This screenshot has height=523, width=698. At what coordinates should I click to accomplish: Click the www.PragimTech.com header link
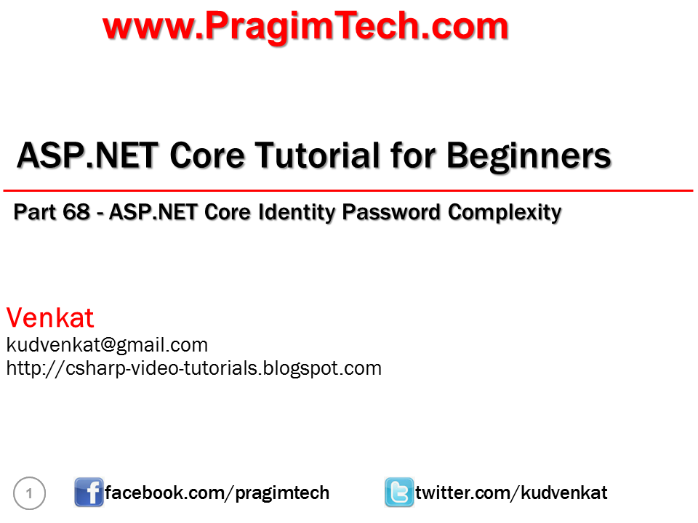pos(305,26)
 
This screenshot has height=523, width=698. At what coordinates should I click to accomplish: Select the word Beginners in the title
pos(529,155)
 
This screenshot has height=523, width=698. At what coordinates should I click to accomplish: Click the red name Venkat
pos(50,317)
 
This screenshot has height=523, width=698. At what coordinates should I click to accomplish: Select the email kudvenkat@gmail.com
pos(107,344)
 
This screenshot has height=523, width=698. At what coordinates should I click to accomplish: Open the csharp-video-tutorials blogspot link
pos(193,368)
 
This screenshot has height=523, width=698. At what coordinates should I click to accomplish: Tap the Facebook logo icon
pos(89,492)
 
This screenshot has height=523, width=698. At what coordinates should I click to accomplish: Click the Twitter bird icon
pos(399,492)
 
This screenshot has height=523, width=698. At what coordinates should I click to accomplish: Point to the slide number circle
pos(29,494)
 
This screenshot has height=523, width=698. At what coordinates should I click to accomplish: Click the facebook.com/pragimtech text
pos(217,493)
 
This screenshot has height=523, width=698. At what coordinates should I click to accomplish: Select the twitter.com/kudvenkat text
pos(511,493)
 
